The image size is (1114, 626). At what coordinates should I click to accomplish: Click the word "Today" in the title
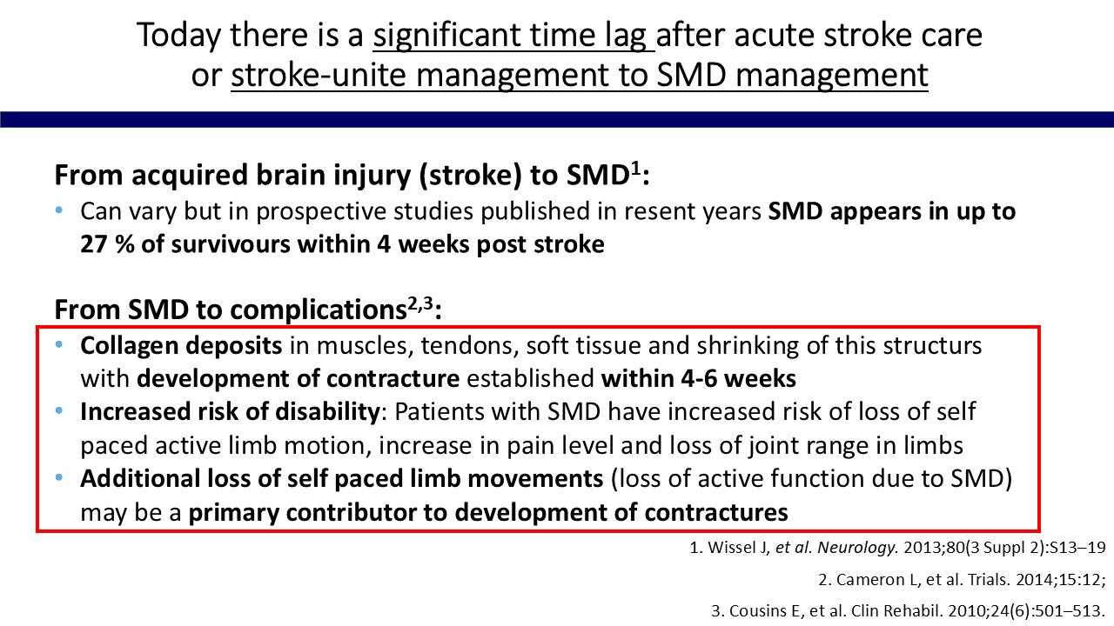(x=178, y=36)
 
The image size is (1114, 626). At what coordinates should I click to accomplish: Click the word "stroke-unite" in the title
(x=319, y=76)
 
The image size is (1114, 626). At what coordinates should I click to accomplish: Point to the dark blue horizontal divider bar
(x=557, y=119)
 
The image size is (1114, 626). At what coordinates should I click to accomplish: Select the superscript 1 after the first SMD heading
(x=636, y=170)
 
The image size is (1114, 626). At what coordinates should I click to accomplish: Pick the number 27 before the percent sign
(x=94, y=244)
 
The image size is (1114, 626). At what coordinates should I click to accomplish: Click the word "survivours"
(x=231, y=244)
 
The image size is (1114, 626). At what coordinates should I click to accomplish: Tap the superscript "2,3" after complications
(x=420, y=303)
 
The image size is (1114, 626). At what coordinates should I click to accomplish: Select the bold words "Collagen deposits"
(x=181, y=346)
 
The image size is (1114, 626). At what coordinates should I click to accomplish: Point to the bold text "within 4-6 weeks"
(x=699, y=378)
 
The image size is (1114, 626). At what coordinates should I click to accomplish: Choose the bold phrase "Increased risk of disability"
(x=230, y=412)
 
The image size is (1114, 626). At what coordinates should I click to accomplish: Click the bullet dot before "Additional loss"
(x=59, y=478)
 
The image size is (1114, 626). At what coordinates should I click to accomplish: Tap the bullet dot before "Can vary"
(x=59, y=210)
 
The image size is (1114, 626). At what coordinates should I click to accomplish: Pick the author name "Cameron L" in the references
(x=876, y=579)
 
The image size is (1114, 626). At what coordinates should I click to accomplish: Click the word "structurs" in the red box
(x=932, y=346)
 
